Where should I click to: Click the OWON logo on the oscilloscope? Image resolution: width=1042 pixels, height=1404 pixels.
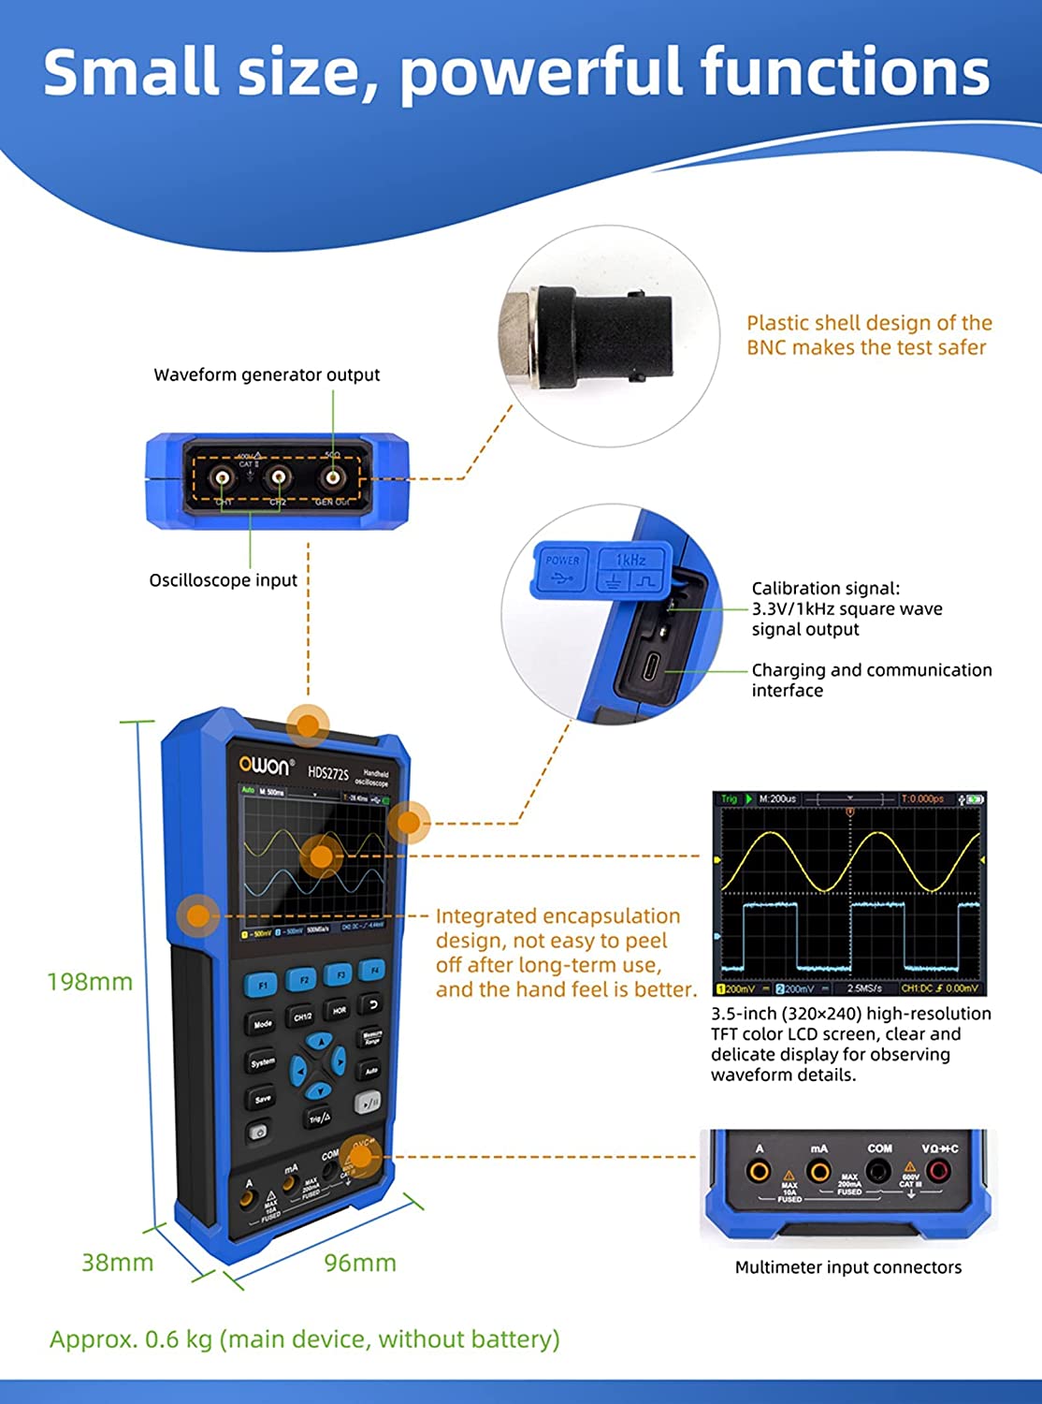[x=266, y=766]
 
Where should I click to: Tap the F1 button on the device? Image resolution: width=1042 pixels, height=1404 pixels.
[x=261, y=985]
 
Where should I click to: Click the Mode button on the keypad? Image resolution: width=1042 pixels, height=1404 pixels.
[x=262, y=1024]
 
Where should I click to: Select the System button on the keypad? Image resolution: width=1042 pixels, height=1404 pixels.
[x=262, y=1062]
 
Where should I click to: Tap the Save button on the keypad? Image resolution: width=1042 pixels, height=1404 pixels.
[x=262, y=1099]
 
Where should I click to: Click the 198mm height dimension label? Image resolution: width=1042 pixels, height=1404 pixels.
[x=90, y=982]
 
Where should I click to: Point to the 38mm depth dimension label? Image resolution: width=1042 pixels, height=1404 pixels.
[x=117, y=1263]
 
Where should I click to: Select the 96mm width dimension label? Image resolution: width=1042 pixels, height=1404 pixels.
[x=360, y=1263]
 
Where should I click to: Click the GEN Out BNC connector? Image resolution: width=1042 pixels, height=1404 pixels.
[x=332, y=478]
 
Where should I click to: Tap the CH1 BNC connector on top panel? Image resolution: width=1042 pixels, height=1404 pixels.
[x=223, y=478]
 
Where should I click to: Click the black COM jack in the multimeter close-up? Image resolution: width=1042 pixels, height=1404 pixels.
[x=877, y=1171]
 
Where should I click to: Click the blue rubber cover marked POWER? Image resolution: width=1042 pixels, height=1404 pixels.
[x=562, y=570]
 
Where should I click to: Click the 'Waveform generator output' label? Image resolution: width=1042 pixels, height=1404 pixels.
[x=267, y=375]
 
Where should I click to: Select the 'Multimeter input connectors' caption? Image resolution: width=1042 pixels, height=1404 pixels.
[x=847, y=1267]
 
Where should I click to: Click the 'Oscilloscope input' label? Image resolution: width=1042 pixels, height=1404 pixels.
[x=223, y=580]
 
